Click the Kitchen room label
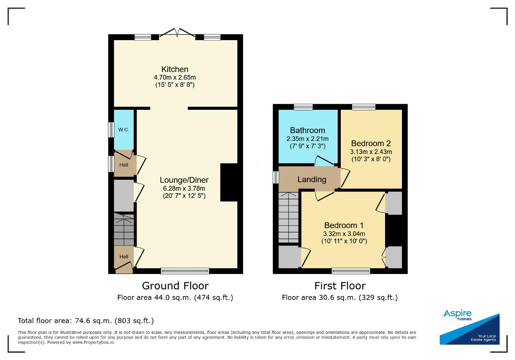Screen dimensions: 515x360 tap(175, 69)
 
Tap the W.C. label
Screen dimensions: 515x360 tap(124, 130)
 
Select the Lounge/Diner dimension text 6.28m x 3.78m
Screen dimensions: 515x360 tap(184, 189)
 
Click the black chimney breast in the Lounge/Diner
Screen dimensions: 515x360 tap(229, 183)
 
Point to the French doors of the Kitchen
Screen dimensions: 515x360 tap(177, 33)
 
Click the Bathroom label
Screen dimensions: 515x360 tap(307, 130)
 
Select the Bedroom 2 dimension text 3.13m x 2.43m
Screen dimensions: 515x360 tap(371, 152)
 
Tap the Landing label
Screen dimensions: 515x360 tap(312, 179)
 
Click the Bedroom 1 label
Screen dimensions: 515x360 tap(344, 225)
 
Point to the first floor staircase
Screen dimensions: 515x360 tap(288, 218)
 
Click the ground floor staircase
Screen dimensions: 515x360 tap(124, 229)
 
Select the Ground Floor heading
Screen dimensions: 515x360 tap(175, 286)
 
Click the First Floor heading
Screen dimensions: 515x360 tap(340, 286)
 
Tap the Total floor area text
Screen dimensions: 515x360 tap(86, 321)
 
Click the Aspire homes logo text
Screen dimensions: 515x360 tap(457, 315)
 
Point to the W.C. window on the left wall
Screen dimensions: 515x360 tap(111, 130)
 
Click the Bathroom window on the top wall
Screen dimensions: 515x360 tap(303, 107)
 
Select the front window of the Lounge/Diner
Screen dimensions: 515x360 tap(185, 271)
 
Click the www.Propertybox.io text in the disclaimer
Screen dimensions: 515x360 tap(93, 342)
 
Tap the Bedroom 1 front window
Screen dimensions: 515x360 tap(351, 271)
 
